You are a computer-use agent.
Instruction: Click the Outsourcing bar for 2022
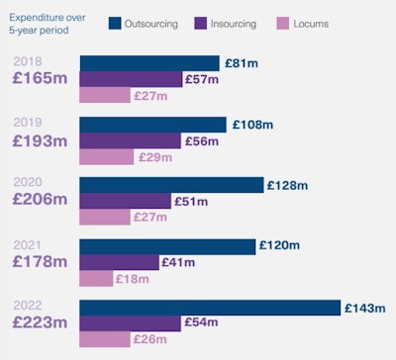point(209,308)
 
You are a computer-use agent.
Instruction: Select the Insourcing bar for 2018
point(131,79)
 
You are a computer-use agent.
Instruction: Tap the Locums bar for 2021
point(96,278)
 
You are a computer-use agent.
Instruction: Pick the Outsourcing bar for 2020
point(171,186)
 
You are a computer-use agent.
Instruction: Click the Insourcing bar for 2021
point(119,262)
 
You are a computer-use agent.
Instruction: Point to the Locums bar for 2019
point(106,156)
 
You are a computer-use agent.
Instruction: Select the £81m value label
point(242,64)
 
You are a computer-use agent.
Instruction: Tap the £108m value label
point(251,126)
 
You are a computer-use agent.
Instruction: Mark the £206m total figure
point(40,199)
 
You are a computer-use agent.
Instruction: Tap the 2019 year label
point(28,122)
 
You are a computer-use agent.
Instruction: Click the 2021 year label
point(28,243)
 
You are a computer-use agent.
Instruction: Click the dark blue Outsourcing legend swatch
point(115,23)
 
